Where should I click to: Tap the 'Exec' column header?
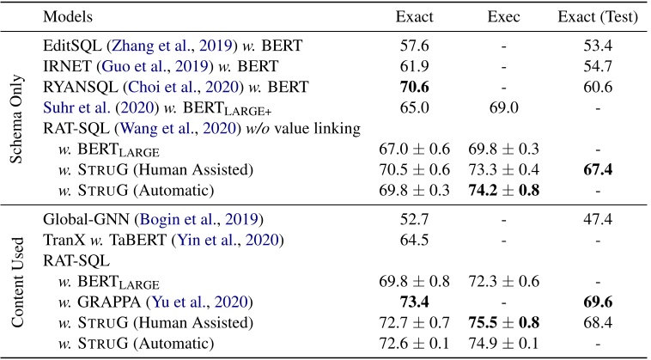503,16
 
